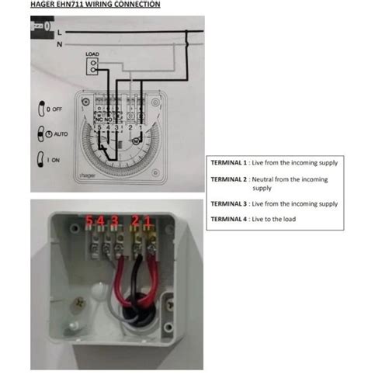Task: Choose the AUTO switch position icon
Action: pyautogui.click(x=41, y=134)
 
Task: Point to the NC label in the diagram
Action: pyautogui.click(x=98, y=119)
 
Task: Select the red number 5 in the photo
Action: pyautogui.click(x=90, y=221)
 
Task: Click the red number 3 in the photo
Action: pyautogui.click(x=114, y=221)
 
